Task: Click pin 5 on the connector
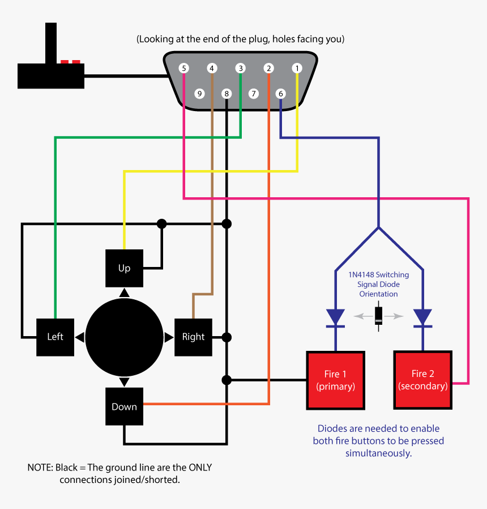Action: tap(183, 68)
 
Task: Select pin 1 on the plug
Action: tap(297, 68)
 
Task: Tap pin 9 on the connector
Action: tap(199, 94)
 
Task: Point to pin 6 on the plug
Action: tap(281, 94)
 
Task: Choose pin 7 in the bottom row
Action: tap(254, 94)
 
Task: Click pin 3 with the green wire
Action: tap(241, 68)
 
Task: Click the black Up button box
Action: tap(124, 268)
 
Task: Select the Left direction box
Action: tap(55, 337)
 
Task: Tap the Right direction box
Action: tap(193, 337)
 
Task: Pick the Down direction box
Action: tap(124, 406)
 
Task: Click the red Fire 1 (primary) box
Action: tap(335, 380)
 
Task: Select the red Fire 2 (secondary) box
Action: tap(423, 380)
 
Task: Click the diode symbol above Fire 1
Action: tap(336, 318)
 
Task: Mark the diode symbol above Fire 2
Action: tap(422, 318)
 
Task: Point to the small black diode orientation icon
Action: tap(379, 316)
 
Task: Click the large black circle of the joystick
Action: tap(124, 337)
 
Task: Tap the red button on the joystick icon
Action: tap(71, 61)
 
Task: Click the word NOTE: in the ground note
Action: tap(40, 468)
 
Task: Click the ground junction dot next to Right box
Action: tap(227, 337)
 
